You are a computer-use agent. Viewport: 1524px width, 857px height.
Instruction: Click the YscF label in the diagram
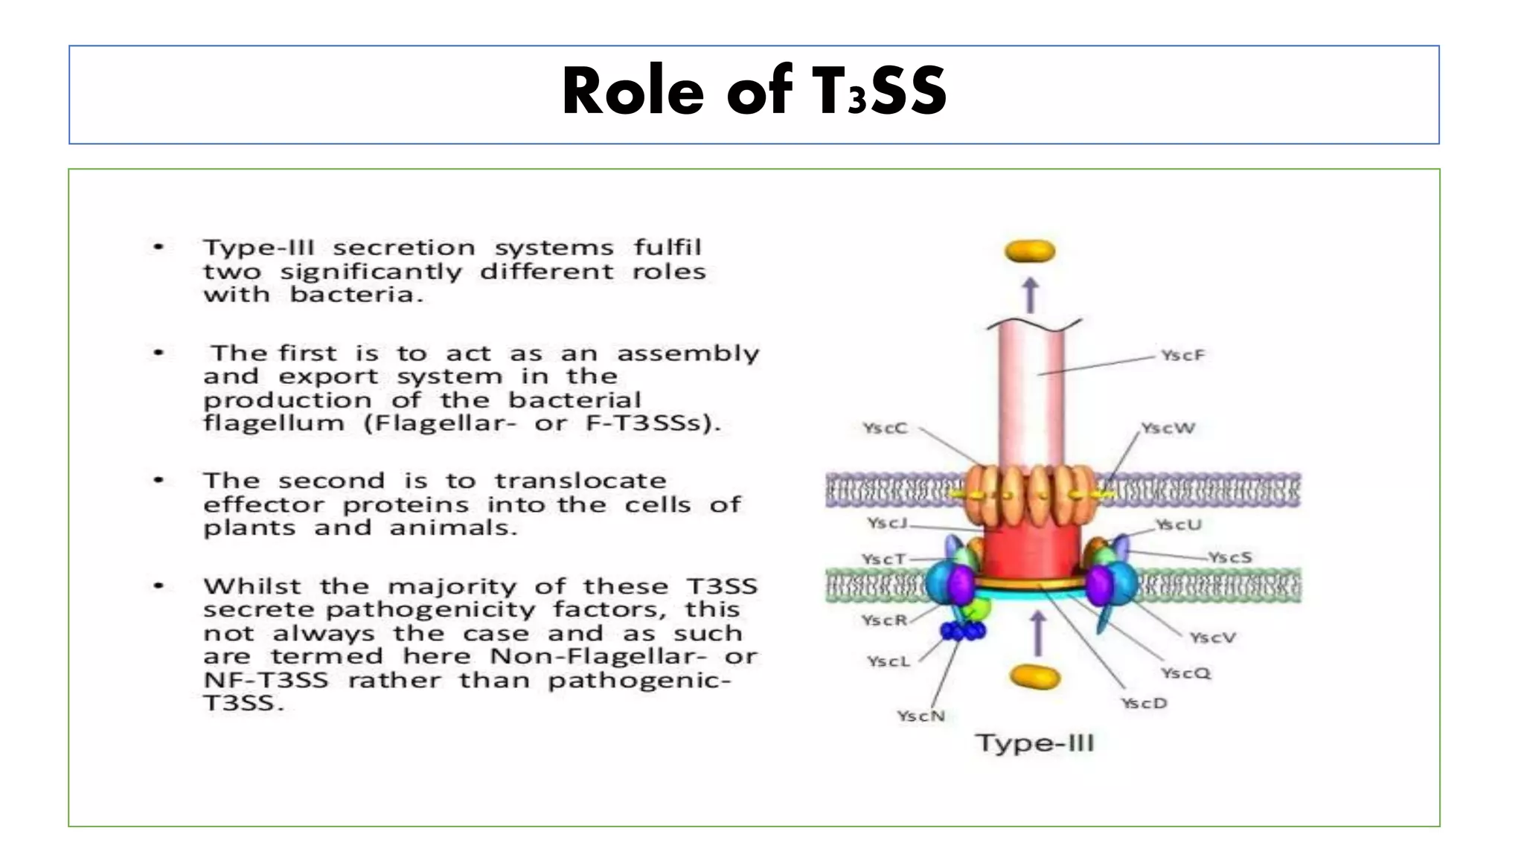tap(1182, 356)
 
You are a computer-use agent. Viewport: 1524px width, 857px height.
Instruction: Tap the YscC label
tap(885, 428)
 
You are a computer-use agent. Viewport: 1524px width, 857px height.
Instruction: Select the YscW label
tap(1168, 428)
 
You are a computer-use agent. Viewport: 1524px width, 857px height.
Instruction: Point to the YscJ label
tap(887, 523)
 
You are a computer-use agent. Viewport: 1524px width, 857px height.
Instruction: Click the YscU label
tap(1178, 525)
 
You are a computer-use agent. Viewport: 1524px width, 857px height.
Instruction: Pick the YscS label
tap(1230, 557)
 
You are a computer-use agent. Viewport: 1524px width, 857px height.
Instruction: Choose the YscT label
tap(884, 559)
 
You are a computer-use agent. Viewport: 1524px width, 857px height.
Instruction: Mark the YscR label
tap(884, 620)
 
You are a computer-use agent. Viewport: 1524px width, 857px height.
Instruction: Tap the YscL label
tap(889, 661)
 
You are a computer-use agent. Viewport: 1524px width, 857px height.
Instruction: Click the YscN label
tap(921, 716)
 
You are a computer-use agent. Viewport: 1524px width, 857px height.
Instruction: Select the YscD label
tap(1144, 703)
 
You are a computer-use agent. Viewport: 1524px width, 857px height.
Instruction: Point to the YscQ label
tap(1185, 673)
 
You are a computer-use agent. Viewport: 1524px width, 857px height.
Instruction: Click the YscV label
tap(1212, 638)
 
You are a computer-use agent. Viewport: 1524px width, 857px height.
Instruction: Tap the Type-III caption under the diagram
tap(1034, 743)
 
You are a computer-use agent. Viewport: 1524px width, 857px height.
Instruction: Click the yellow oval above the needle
tap(1030, 251)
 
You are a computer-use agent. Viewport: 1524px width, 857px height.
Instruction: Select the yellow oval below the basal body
tap(1034, 677)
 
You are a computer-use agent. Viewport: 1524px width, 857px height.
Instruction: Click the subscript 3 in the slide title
tap(857, 100)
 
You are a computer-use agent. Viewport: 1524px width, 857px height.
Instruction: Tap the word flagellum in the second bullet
tap(274, 424)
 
